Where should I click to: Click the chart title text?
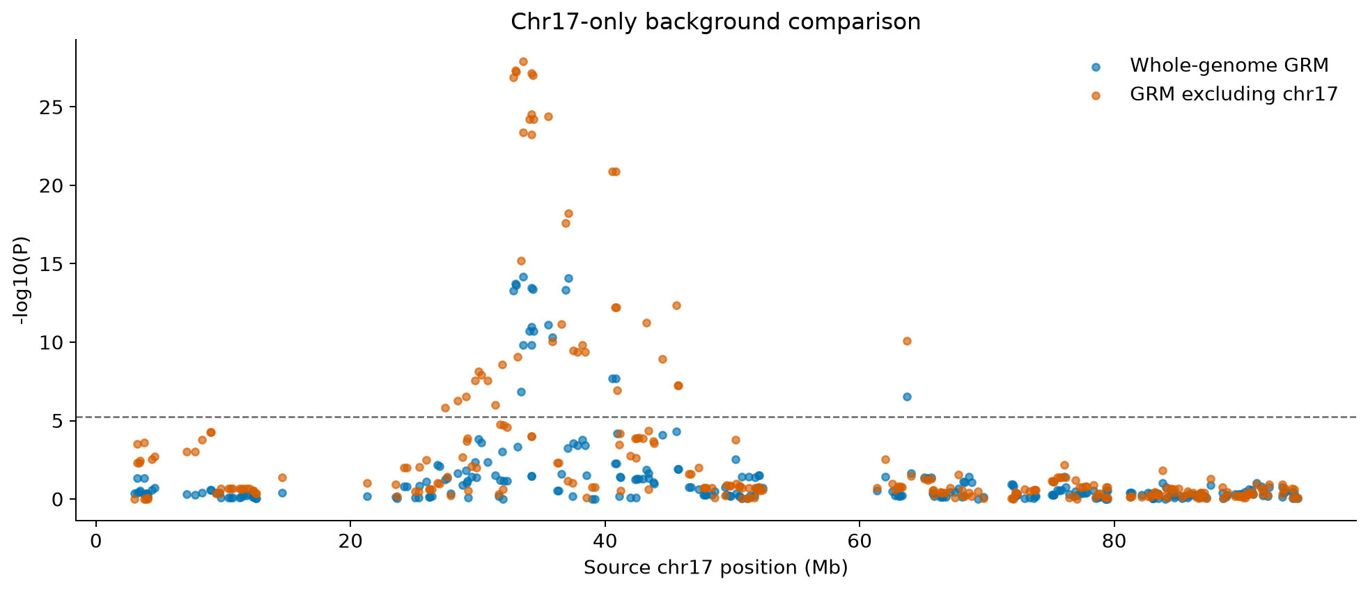pyautogui.click(x=715, y=22)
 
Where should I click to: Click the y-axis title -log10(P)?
pyautogui.click(x=23, y=280)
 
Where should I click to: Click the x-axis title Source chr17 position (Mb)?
pyautogui.click(x=715, y=568)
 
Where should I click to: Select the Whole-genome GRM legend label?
pyautogui.click(x=1229, y=66)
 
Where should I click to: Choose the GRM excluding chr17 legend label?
pyautogui.click(x=1234, y=95)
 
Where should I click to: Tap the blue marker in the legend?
pyautogui.click(x=1096, y=67)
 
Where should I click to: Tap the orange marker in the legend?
pyautogui.click(x=1096, y=95)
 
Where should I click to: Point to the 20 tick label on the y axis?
pyautogui.click(x=55, y=186)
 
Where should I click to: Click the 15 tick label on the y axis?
pyautogui.click(x=55, y=264)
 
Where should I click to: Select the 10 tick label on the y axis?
pyautogui.click(x=55, y=343)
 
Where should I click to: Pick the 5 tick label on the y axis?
pyautogui.click(x=59, y=421)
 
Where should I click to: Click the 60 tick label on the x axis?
pyautogui.click(x=860, y=540)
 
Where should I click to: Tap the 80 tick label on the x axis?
pyautogui.click(x=1114, y=540)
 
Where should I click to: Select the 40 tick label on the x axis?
pyautogui.click(x=605, y=540)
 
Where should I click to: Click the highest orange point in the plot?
pyautogui.click(x=523, y=61)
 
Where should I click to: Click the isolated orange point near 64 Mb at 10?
pyautogui.click(x=907, y=341)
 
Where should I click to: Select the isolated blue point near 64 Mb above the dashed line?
pyautogui.click(x=907, y=397)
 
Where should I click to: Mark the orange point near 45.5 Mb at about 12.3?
pyautogui.click(x=676, y=305)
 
